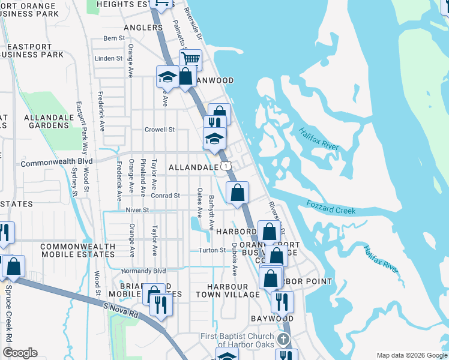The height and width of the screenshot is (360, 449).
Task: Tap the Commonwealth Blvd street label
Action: [57, 163]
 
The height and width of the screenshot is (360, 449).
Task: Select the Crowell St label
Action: [159, 129]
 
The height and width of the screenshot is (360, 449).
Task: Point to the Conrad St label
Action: [165, 195]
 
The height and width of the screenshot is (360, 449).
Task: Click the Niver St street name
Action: [136, 210]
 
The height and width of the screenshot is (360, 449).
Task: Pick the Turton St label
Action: [212, 250]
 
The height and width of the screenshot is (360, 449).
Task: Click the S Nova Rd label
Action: [120, 310]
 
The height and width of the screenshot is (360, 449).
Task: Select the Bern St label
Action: [113, 38]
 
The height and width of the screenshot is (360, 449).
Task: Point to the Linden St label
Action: [109, 58]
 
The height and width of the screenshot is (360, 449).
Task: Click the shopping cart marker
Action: [190, 59]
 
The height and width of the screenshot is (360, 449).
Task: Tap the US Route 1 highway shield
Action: [224, 165]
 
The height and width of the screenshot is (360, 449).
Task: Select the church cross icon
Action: [285, 339]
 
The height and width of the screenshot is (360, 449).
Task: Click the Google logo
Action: [20, 353]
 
